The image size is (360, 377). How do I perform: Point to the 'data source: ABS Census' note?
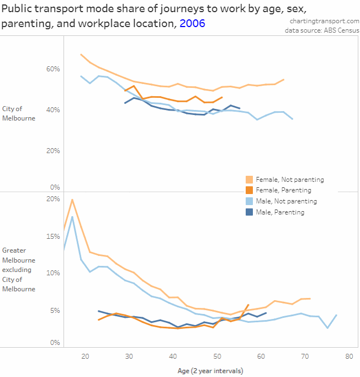322,30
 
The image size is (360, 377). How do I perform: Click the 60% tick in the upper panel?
53,69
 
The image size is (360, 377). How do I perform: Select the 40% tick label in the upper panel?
53,110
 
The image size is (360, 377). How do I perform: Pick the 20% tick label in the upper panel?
53,150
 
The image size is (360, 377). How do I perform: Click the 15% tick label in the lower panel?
53,237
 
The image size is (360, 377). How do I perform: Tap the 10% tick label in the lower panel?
53,273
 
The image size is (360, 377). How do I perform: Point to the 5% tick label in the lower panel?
55,310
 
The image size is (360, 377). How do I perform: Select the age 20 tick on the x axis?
85,357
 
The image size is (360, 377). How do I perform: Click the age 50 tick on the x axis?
216,357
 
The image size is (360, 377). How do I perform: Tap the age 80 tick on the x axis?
349,357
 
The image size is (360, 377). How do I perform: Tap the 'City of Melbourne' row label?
19,113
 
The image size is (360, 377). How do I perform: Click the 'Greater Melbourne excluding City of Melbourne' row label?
19,270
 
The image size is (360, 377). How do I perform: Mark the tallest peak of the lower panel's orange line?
72,200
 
